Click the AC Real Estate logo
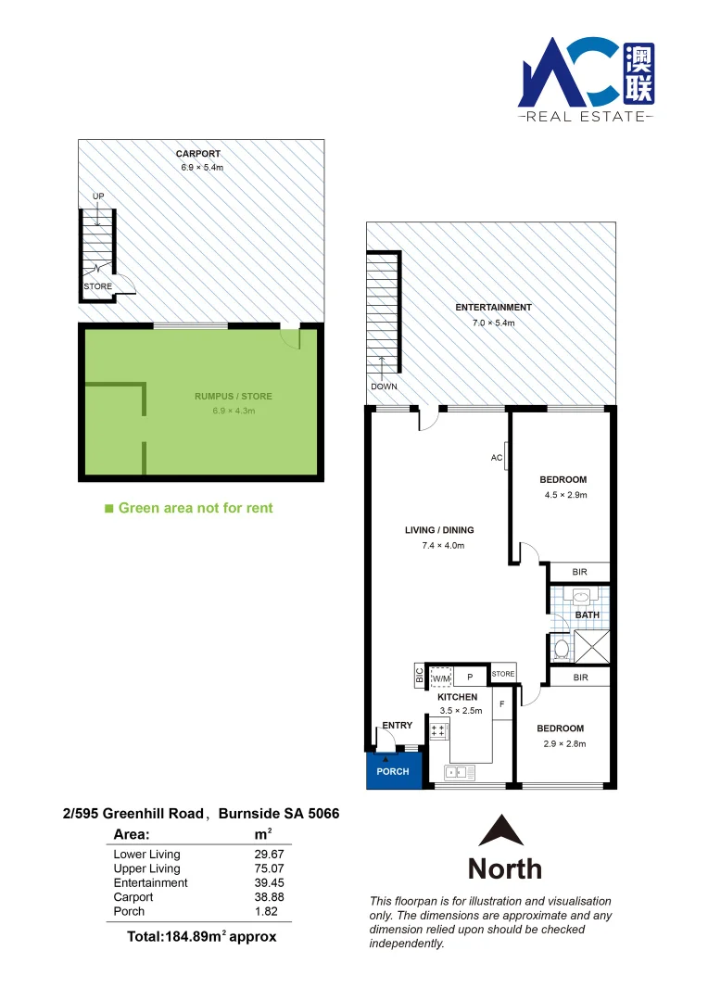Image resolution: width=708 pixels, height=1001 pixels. pos(586,79)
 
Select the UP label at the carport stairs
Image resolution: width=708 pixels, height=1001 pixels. pos(98,196)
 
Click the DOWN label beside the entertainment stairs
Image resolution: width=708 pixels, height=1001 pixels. pos(383,386)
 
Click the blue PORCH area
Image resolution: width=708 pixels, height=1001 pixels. pos(394,770)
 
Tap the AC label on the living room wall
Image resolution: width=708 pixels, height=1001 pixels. pos(496,458)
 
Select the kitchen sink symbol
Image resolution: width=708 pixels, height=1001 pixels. pos(459,770)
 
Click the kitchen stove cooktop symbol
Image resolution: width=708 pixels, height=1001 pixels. pos(437,731)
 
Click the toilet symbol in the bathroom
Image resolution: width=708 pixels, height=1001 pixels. pos(561,647)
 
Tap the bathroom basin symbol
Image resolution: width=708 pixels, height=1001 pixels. pos(582,596)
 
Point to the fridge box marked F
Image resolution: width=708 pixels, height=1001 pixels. pos(501,703)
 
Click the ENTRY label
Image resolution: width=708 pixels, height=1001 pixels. pos(398,726)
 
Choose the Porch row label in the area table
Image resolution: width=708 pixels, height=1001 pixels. pos(129,912)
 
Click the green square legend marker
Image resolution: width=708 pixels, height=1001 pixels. pos(109,508)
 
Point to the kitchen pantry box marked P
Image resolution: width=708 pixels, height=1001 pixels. pos(470,678)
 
